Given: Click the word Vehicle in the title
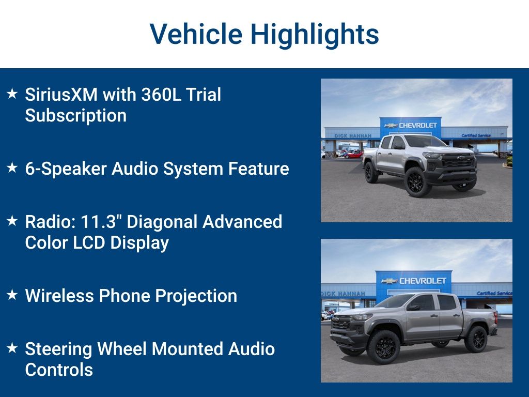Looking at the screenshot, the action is [x=196, y=34].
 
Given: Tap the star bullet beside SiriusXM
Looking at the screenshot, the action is [x=12, y=94].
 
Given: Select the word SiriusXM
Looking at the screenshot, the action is [x=61, y=94].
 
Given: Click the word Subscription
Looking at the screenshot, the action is [x=76, y=116].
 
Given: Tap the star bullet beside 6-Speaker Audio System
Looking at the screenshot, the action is [x=12, y=167].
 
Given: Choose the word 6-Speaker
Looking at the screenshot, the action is [x=66, y=169].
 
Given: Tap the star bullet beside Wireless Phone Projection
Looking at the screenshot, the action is [x=12, y=295].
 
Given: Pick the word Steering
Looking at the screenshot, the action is [x=58, y=349].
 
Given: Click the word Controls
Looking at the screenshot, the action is [x=59, y=370].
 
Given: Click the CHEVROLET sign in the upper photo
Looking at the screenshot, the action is [x=417, y=125].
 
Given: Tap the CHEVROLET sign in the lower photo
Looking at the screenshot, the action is [x=423, y=281].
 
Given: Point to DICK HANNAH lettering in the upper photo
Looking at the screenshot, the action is [x=353, y=136].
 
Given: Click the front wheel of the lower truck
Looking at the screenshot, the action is [x=383, y=347].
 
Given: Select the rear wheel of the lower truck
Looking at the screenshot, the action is [x=476, y=339].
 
